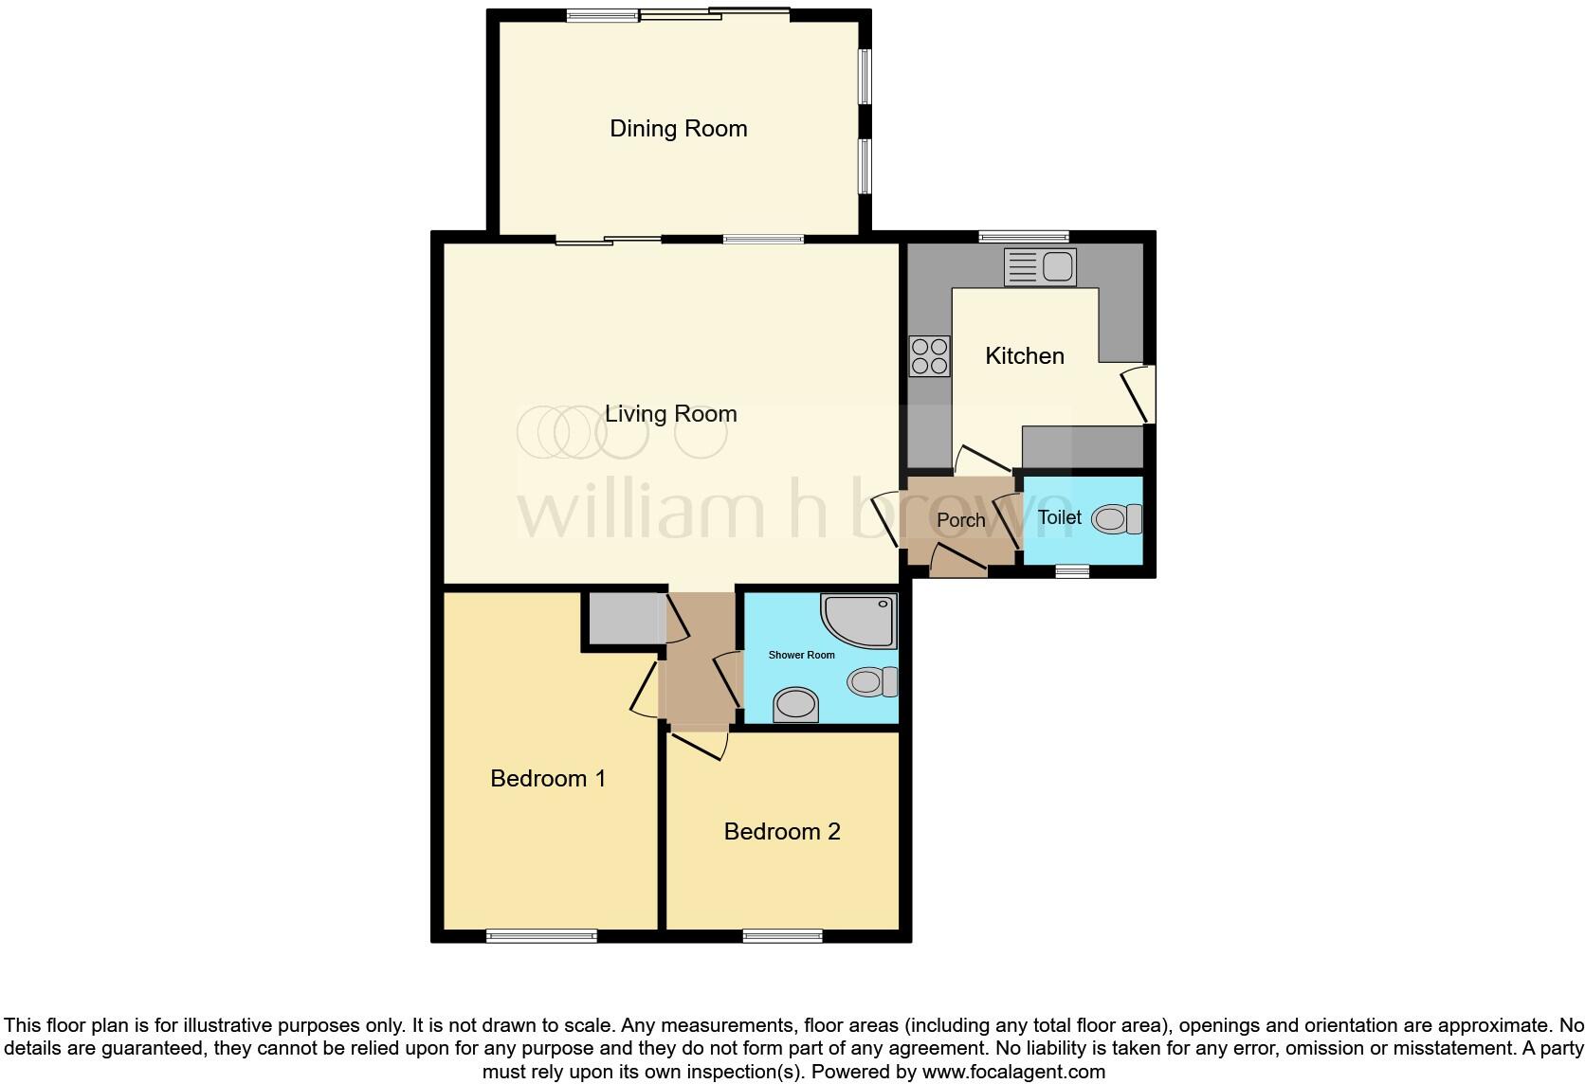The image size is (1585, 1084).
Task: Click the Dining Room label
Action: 678,129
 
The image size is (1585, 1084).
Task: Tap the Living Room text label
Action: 670,414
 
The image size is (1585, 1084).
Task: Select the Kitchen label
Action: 1024,356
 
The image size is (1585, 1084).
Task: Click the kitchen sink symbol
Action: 1040,267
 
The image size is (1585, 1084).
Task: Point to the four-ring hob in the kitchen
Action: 929,356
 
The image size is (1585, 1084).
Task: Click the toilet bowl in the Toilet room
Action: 1116,519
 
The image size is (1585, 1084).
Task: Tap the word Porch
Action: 960,520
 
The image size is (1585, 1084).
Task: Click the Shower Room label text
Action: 801,655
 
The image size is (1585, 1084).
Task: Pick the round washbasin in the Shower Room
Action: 795,705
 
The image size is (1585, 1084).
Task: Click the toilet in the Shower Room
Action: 872,681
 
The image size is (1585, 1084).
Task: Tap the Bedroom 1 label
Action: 547,779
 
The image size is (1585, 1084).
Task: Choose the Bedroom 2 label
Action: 781,832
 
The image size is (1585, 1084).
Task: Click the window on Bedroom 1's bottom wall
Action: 541,936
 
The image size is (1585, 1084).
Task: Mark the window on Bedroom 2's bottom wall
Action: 782,936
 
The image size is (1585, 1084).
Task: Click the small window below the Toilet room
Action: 1072,571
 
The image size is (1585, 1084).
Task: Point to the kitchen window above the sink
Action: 1023,236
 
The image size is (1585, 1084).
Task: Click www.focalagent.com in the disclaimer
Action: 1013,1073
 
